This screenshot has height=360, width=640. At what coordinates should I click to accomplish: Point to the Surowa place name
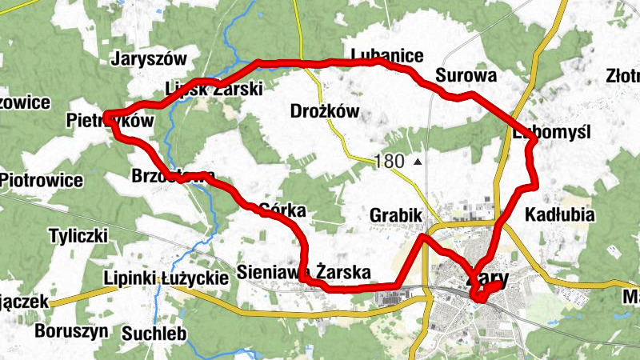tap(466, 76)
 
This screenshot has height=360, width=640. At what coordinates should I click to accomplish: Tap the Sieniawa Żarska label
tap(304, 272)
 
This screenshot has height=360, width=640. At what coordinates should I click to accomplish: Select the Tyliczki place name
tap(78, 236)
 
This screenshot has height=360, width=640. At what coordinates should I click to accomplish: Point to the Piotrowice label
tap(42, 180)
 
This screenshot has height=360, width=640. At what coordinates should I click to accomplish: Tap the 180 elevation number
tap(389, 162)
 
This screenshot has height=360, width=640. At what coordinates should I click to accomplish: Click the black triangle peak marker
tap(418, 162)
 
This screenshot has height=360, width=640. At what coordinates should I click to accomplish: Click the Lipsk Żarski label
tap(212, 90)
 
